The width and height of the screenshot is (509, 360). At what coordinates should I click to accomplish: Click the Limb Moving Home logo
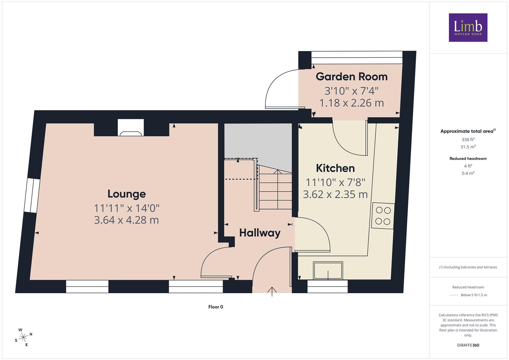(468, 27)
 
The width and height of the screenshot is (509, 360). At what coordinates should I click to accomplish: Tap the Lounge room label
(127, 194)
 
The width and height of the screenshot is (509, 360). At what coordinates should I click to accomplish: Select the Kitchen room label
(335, 168)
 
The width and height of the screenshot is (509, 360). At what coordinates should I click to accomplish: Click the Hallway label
(260, 233)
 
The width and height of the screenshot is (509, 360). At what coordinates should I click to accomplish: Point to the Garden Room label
(352, 77)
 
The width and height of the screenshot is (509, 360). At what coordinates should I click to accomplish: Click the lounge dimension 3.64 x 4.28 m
(126, 220)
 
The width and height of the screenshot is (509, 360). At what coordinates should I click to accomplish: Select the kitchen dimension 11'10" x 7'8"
(335, 182)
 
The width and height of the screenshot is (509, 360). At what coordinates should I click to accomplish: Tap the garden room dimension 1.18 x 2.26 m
(352, 103)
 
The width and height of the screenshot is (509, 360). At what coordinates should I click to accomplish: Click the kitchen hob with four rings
(383, 216)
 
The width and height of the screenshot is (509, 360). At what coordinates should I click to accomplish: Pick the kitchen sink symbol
(328, 270)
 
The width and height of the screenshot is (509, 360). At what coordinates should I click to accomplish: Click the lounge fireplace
(131, 128)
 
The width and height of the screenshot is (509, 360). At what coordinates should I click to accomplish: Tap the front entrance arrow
(272, 292)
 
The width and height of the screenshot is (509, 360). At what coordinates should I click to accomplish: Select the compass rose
(23, 337)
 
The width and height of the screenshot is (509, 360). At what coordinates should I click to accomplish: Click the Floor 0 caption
(216, 307)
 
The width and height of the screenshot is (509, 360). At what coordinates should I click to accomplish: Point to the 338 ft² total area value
(468, 140)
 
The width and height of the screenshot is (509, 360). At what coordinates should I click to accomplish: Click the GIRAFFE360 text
(468, 345)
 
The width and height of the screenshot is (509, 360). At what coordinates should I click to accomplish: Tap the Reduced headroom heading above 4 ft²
(468, 159)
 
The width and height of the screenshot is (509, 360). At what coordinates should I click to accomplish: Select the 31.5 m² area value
(468, 147)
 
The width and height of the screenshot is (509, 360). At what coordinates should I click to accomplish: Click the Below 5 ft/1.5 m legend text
(474, 295)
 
